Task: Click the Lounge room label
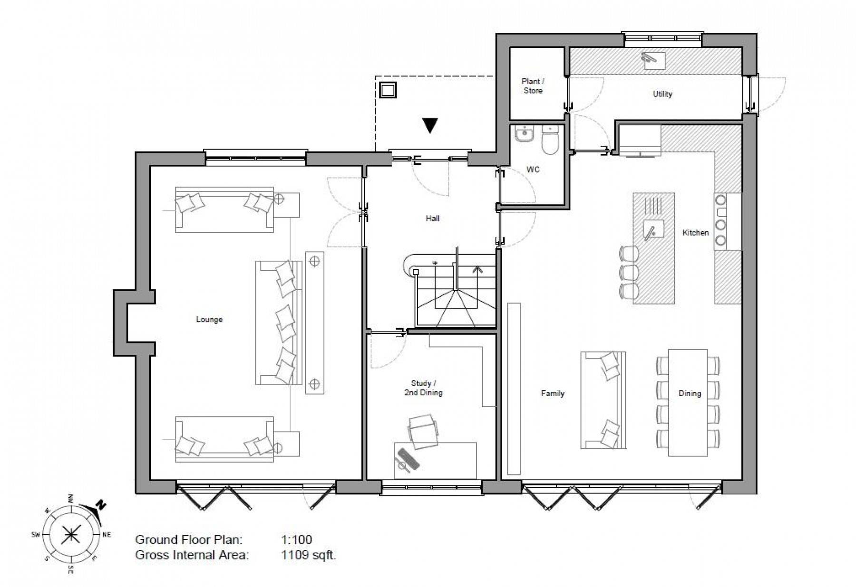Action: point(209,320)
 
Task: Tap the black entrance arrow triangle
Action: point(430,125)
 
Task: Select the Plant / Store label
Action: point(533,86)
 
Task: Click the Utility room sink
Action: point(652,60)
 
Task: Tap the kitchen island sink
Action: point(652,230)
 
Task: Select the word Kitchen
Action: point(695,233)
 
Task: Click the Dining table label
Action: point(690,393)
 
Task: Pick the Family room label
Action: point(552,393)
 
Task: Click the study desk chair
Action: point(423,430)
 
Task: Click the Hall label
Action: point(432,218)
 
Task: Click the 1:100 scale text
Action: point(296,540)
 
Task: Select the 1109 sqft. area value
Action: point(309,555)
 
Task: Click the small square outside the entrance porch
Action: point(388,90)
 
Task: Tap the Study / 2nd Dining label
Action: point(423,388)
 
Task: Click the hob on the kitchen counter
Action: point(721,220)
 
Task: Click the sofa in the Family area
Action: point(602,400)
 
